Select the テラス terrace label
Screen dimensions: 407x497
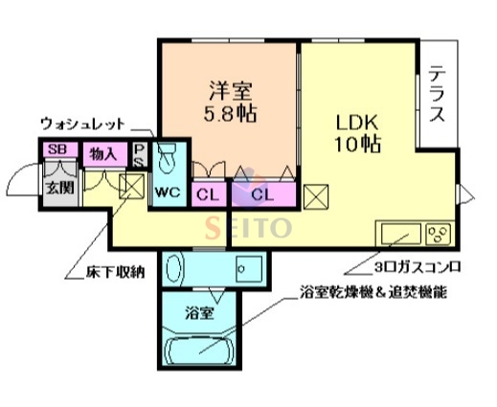(438, 95)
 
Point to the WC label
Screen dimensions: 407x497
(169, 192)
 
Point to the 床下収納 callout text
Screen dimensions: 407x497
(105, 273)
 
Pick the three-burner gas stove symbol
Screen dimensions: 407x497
(440, 233)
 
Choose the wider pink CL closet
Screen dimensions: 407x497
(264, 193)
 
